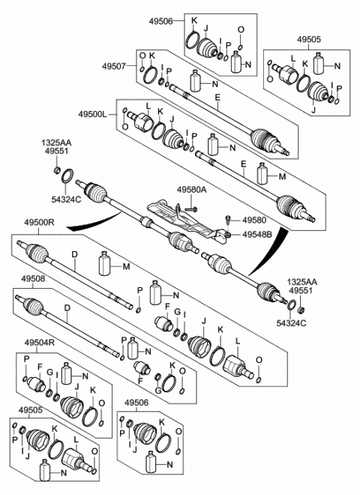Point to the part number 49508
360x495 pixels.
pyautogui.click(x=32, y=279)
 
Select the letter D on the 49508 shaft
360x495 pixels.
pyautogui.click(x=67, y=307)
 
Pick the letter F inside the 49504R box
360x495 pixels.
pyautogui.click(x=40, y=365)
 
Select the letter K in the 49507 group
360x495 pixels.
pyautogui.click(x=151, y=57)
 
